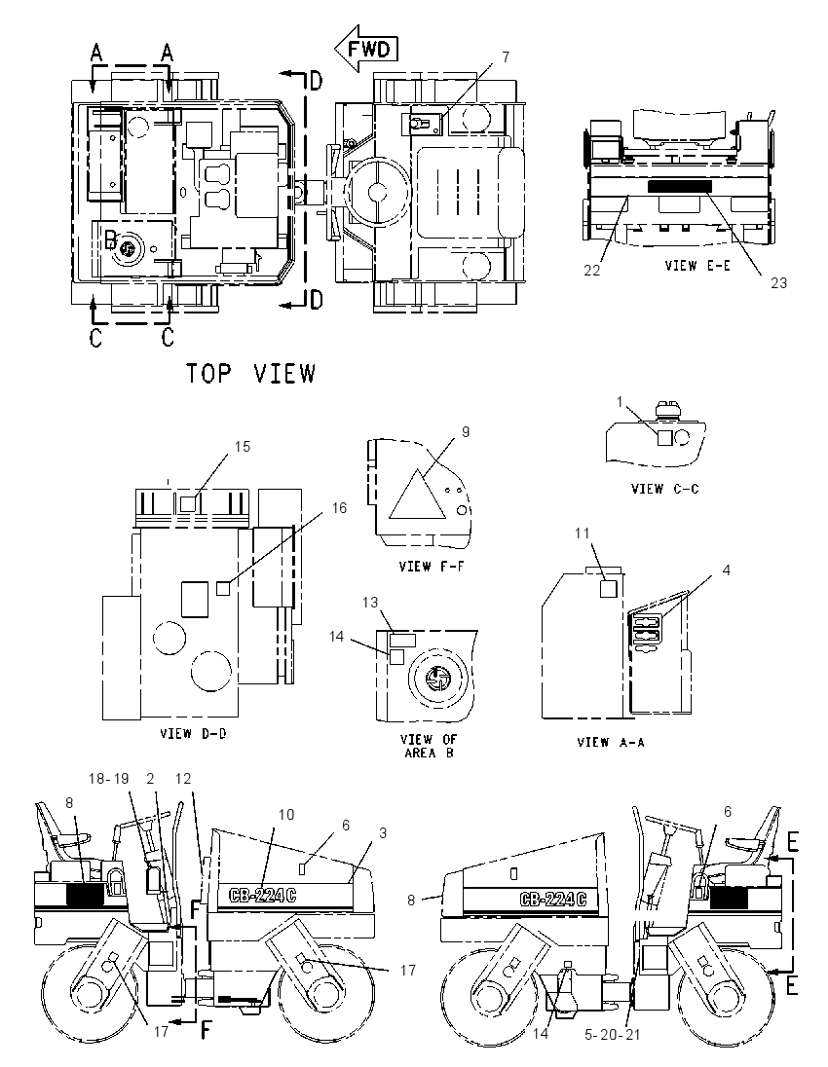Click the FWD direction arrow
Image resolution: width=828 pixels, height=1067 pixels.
pyautogui.click(x=365, y=49)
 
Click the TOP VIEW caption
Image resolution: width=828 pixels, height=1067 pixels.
pyautogui.click(x=251, y=374)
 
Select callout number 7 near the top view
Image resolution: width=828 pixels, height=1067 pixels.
pyautogui.click(x=506, y=57)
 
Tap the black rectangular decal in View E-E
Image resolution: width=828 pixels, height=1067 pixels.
pyautogui.click(x=679, y=187)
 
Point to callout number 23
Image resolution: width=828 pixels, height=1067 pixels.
pyautogui.click(x=779, y=283)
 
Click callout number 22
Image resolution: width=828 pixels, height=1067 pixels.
pyautogui.click(x=591, y=270)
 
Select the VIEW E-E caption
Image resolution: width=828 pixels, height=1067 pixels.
pyautogui.click(x=697, y=266)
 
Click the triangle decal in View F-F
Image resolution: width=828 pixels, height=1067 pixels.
pyautogui.click(x=417, y=497)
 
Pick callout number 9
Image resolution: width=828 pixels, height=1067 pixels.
pyautogui.click(x=466, y=432)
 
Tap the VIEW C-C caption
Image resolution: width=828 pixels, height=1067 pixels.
pyautogui.click(x=664, y=489)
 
